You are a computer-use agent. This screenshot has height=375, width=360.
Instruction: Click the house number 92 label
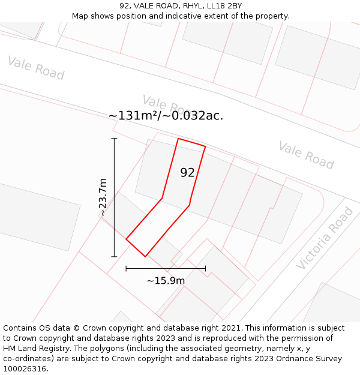point(187,173)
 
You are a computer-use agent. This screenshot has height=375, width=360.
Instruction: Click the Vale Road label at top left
point(36,68)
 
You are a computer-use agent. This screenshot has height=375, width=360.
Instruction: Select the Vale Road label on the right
point(306,155)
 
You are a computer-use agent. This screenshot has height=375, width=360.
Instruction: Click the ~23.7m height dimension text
point(103,197)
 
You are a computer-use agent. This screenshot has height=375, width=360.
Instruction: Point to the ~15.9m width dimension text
point(166,280)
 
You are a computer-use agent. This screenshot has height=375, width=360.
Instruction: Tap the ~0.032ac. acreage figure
point(191,116)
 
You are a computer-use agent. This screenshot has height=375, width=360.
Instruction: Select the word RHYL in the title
point(184,5)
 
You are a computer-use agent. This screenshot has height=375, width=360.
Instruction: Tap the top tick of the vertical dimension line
point(114,138)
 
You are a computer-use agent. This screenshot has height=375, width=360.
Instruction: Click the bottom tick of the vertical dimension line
point(114,257)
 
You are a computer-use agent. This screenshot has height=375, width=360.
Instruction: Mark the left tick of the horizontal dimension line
point(126,268)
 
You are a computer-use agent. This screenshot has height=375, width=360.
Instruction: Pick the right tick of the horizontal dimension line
point(205,268)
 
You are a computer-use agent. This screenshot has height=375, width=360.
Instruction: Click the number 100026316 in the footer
point(24,369)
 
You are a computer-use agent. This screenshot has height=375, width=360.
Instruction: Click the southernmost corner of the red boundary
point(145,257)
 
